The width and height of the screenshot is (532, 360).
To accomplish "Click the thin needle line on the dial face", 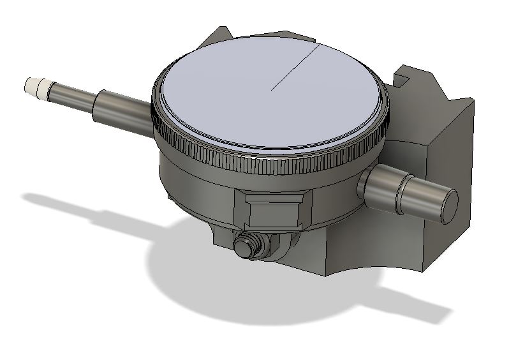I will tap(294, 68).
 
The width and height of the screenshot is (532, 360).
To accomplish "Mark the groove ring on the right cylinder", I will tap(401, 194).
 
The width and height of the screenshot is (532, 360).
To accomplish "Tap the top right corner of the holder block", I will tap(471, 100).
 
